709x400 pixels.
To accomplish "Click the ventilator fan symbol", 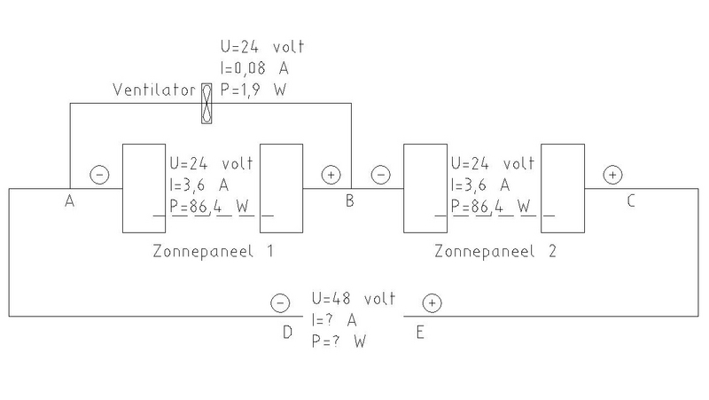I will [207, 102].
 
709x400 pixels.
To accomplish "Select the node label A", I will [68, 201].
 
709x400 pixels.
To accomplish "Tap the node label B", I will [350, 201].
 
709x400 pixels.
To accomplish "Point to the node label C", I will [630, 201].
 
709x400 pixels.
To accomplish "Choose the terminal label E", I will [420, 332].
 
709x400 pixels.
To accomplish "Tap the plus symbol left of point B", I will [330, 175].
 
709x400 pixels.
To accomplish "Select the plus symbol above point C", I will [612, 175].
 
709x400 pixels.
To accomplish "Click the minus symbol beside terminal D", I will [278, 303].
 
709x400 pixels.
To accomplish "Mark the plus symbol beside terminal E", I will [432, 303].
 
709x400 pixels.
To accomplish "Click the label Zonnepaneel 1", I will [212, 252].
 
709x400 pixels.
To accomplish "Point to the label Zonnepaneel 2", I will [495, 252].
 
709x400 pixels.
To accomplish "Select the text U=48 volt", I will [352, 299].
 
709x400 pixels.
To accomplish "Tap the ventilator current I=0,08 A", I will [261, 68].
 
